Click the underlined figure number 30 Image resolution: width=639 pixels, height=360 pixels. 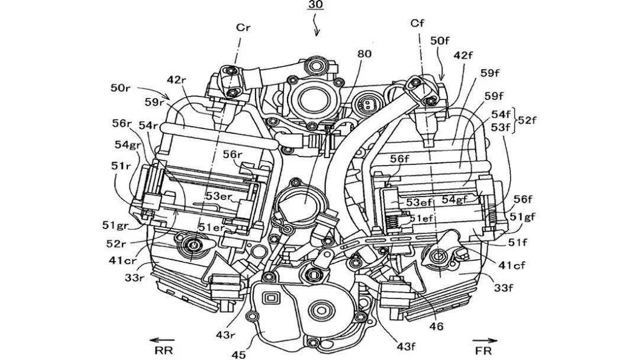tap(315, 6)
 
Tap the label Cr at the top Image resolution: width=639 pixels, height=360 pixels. tap(243, 27)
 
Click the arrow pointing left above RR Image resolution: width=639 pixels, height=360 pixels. tap(157, 340)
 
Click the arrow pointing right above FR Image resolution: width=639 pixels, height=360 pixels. tap(485, 340)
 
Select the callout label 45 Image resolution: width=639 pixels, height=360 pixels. tap(238, 355)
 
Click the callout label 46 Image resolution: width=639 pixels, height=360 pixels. tap(437, 326)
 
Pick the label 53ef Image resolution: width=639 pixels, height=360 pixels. tap(419, 202)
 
